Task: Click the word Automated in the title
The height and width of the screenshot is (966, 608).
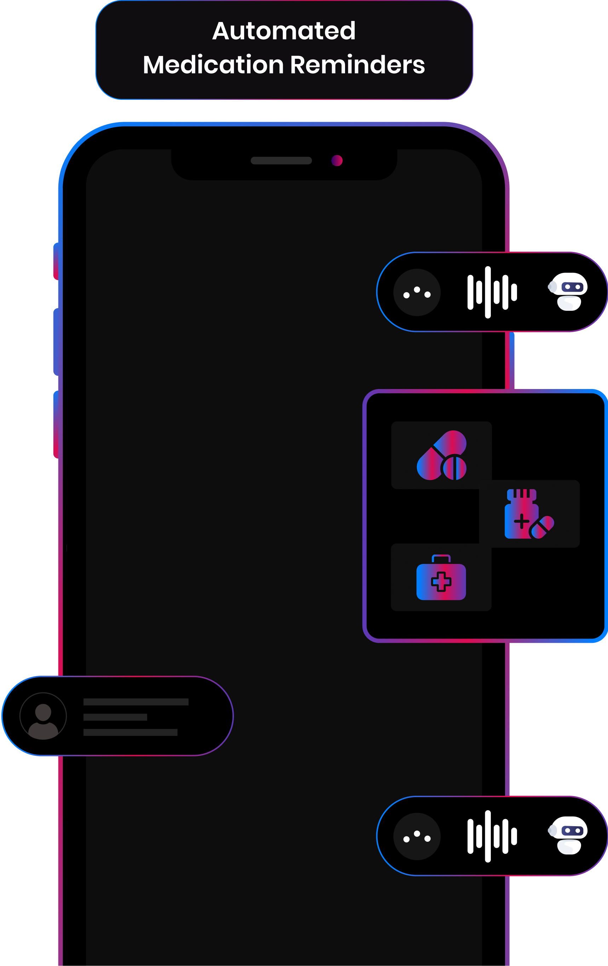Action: [283, 31]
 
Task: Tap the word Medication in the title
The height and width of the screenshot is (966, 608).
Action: [213, 65]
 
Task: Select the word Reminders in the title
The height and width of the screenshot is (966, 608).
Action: [357, 65]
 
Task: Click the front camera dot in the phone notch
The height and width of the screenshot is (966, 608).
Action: [337, 160]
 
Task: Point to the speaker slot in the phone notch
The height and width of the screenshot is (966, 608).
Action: [281, 160]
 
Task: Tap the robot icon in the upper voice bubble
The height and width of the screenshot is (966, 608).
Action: [568, 292]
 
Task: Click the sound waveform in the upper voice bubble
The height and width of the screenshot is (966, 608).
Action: [492, 292]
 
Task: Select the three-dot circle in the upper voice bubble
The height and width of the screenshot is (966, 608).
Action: [417, 292]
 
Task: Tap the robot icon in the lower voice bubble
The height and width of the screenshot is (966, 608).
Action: [568, 836]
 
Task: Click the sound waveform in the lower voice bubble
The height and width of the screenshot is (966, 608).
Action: [492, 836]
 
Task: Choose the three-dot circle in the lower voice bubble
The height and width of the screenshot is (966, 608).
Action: [417, 836]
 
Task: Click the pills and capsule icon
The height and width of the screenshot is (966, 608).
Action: [442, 455]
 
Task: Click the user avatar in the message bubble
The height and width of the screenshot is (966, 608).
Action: [43, 716]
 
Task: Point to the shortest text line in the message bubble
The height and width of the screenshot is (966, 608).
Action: [115, 717]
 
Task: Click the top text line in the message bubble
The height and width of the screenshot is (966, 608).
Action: [136, 702]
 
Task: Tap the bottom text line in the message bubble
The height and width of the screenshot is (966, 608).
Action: [130, 732]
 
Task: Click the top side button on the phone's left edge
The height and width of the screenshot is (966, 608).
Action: [56, 262]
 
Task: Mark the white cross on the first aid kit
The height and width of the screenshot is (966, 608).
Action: [441, 582]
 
